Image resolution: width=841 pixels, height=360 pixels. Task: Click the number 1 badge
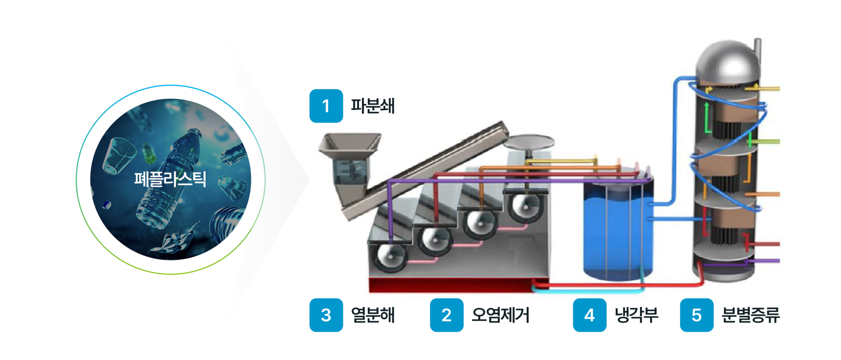coord(326,106)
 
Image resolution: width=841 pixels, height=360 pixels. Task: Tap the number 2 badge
coord(446,315)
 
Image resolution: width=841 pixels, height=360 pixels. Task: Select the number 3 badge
coord(326,315)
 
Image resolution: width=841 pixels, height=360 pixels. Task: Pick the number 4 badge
coord(590,315)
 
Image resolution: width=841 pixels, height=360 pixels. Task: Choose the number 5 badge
coord(696,315)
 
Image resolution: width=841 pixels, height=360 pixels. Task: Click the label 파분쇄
coord(373,106)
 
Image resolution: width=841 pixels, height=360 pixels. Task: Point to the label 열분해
coord(373,315)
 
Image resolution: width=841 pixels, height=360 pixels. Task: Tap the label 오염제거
coord(500,315)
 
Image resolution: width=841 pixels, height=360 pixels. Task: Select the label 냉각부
coord(636,315)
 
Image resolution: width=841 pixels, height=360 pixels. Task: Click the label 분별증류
coord(750,315)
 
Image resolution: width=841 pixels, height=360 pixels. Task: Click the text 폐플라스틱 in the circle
coord(170,179)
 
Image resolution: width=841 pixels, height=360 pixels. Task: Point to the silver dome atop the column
coord(727,61)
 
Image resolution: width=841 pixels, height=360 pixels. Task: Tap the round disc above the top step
coord(529,142)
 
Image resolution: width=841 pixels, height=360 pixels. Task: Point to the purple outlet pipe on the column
coord(767,261)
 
